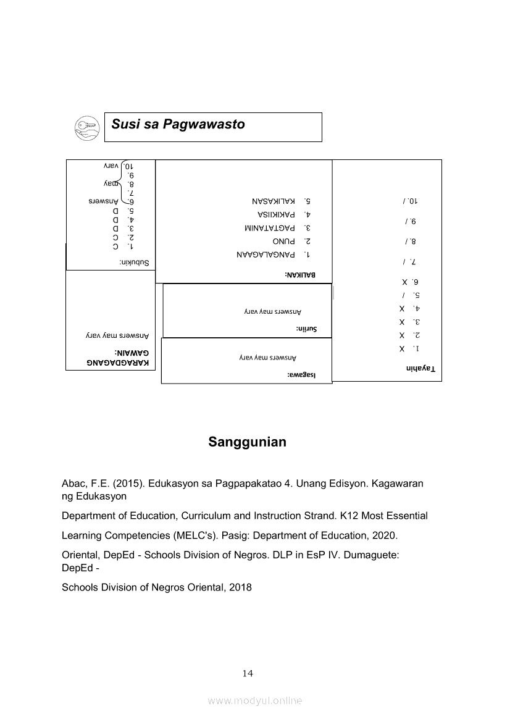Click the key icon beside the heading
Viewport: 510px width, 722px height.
pyautogui.click(x=86, y=127)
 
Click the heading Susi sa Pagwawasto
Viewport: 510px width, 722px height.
pyautogui.click(x=178, y=124)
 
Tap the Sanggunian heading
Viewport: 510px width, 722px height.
pyautogui.click(x=247, y=442)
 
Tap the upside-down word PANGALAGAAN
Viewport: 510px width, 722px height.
pyautogui.click(x=266, y=254)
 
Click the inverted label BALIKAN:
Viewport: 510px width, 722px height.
pyautogui.click(x=300, y=274)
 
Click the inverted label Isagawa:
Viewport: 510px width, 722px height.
pyautogui.click(x=301, y=374)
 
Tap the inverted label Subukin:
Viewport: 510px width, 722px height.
pyautogui.click(x=138, y=262)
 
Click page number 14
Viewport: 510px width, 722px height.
pyautogui.click(x=248, y=673)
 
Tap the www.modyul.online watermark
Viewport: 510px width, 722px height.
pyautogui.click(x=255, y=701)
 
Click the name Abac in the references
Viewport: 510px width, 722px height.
pyautogui.click(x=73, y=484)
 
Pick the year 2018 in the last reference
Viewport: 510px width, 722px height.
pyautogui.click(x=240, y=587)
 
